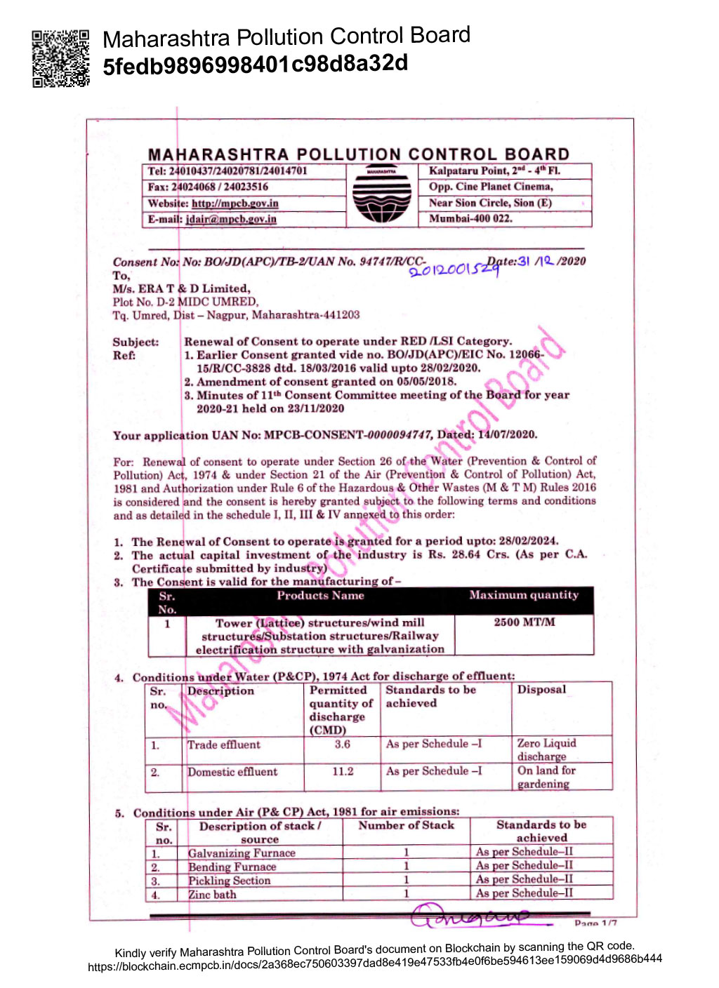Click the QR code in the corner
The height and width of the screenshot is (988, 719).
60,58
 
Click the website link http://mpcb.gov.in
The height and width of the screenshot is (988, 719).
235,203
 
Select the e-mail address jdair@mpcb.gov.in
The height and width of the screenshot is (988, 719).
230,219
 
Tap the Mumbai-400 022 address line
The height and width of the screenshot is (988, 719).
470,218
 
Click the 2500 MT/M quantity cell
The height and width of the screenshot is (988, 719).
524,622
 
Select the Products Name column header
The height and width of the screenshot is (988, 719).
320,596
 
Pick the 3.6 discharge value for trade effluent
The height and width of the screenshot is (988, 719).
342,744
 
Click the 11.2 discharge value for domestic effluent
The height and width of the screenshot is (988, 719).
343,771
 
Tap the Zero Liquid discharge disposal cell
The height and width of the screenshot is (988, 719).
546,749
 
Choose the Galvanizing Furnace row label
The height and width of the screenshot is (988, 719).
242,853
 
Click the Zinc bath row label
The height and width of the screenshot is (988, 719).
212,895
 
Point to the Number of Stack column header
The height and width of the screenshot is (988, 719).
406,826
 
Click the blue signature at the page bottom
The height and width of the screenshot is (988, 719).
469,916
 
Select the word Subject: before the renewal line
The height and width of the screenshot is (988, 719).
136,342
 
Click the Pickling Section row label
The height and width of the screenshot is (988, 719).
229,881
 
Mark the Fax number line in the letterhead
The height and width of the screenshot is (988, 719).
208,187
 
